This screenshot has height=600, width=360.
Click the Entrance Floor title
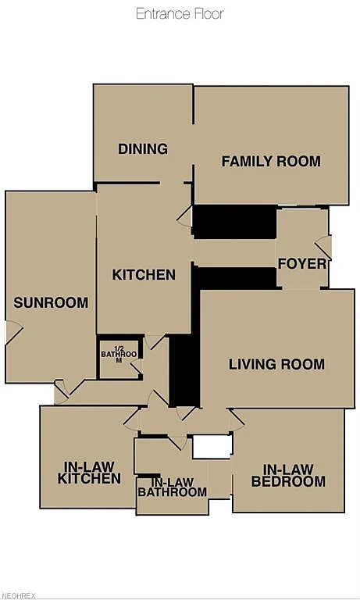tap(180, 13)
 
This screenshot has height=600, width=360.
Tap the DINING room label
tap(143, 148)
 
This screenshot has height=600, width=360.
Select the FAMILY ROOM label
tap(271, 161)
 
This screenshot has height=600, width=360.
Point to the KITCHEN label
tap(144, 274)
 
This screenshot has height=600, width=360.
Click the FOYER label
tap(301, 263)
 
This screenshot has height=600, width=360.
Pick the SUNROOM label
tap(51, 302)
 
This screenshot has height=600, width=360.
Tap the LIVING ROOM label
tap(276, 364)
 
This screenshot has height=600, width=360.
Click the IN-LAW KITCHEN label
tap(89, 473)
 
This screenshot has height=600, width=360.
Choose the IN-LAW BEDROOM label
tap(287, 475)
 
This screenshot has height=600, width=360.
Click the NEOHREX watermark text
tap(18, 595)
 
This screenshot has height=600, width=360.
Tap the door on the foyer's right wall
tap(323, 246)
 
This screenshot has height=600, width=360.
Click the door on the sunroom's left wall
tap(11, 333)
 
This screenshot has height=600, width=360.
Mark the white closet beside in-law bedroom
tap(212, 446)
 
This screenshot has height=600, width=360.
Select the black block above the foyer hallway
tap(234, 222)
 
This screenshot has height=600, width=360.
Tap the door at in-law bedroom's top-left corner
tap(237, 420)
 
